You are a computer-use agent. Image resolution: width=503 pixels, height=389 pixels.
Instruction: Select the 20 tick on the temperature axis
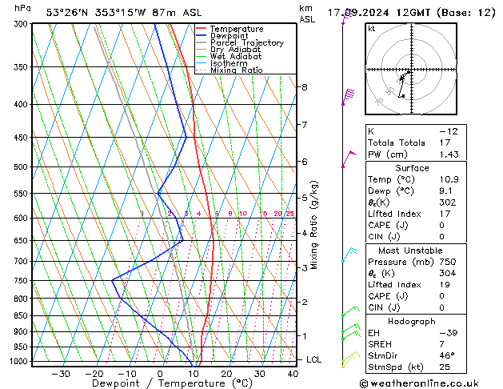(226, 373)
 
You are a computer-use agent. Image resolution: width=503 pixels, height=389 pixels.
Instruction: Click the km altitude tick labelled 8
(305, 86)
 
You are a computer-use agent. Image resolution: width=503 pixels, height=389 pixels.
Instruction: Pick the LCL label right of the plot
(314, 360)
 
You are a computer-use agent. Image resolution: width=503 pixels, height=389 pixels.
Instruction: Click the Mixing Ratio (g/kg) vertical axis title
(314, 224)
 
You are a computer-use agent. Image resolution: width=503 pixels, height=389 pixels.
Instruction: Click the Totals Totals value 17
(445, 142)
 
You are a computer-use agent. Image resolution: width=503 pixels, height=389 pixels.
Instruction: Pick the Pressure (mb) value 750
(448, 261)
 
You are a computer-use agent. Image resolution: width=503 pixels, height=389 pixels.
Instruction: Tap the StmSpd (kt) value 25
(445, 367)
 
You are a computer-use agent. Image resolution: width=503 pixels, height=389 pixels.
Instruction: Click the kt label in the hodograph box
(371, 28)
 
